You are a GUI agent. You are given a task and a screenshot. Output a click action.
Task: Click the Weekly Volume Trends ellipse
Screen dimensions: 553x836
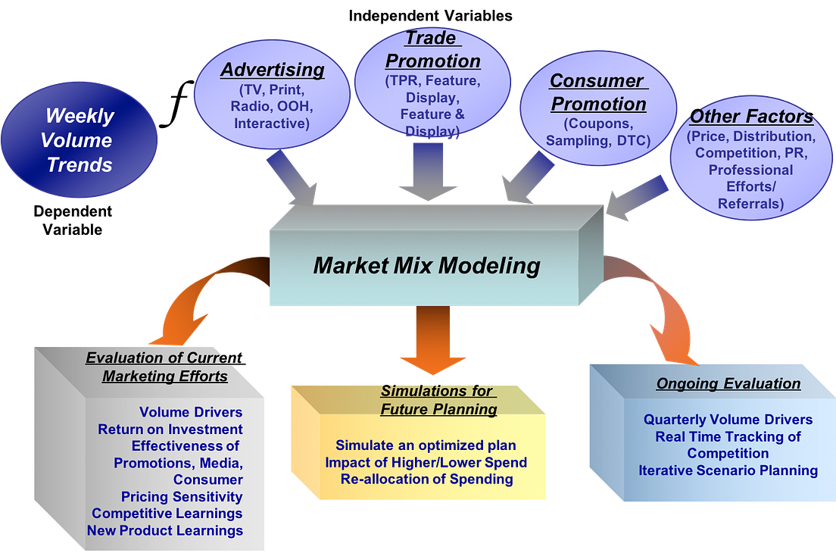pos(80,140)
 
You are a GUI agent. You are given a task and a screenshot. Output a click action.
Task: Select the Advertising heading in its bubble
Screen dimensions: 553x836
pos(273,70)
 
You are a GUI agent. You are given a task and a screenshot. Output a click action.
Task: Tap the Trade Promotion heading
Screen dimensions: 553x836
pos(432,50)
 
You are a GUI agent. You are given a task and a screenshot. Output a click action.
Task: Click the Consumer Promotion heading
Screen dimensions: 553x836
pos(597,92)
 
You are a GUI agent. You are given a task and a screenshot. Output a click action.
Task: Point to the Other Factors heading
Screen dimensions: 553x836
pos(751,117)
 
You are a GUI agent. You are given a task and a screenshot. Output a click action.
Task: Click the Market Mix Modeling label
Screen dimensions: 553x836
pos(426,266)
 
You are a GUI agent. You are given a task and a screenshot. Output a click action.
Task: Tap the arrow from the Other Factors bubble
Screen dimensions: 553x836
pos(636,198)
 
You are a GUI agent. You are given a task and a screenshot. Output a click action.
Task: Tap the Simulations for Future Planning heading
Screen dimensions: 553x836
pos(438,400)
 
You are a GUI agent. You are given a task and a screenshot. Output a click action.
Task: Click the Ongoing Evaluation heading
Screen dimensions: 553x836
pos(728,384)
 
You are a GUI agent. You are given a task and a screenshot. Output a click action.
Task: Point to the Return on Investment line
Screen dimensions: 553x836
pos(170,430)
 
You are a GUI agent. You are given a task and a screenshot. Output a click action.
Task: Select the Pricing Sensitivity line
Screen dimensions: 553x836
pos(182,497)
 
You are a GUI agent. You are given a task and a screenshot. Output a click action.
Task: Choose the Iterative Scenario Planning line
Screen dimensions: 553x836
pos(728,470)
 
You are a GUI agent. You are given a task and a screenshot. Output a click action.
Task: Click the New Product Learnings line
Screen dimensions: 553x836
pos(165,530)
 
